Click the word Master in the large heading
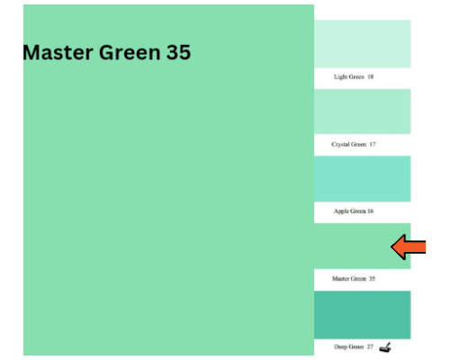(58, 52)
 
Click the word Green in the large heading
(130, 52)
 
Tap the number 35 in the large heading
(178, 52)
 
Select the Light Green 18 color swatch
(363, 44)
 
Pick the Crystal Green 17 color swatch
(363, 112)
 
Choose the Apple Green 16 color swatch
(363, 179)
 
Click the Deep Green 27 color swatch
(363, 315)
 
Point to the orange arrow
(409, 247)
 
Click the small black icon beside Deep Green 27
(385, 347)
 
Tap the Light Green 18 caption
(354, 76)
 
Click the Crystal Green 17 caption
(354, 144)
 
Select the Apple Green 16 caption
(354, 211)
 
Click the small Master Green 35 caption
(354, 279)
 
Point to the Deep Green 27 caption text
(354, 346)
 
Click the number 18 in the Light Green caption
(371, 76)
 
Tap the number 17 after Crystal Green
(373, 144)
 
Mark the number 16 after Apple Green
(371, 211)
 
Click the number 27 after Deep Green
(370, 346)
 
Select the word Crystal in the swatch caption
(339, 144)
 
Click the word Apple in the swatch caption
(341, 211)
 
